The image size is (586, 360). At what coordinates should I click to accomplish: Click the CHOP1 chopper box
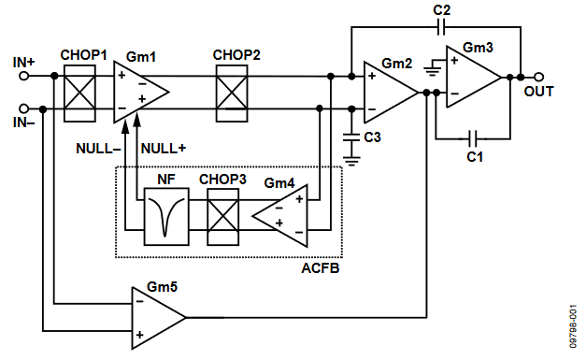[79, 94]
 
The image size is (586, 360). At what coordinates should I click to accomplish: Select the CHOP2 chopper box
[232, 94]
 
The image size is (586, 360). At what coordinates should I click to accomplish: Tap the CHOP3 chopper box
[223, 217]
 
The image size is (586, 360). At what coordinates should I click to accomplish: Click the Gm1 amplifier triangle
[141, 92]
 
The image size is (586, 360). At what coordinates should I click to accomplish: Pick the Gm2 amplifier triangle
[391, 93]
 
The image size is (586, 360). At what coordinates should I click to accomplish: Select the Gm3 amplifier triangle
[474, 77]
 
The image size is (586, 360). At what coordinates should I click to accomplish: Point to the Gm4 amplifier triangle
[280, 216]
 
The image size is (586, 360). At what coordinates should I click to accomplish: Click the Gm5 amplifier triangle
[159, 318]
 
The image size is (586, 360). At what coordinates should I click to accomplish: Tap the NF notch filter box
[166, 217]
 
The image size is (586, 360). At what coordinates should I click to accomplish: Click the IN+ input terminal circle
[24, 77]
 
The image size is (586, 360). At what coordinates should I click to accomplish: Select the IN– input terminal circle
[24, 108]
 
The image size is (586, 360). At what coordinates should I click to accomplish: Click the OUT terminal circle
[538, 77]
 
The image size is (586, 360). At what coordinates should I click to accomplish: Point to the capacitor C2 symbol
[441, 27]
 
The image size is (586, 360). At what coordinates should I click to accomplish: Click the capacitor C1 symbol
[473, 138]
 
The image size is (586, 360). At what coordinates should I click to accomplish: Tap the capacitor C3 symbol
[351, 137]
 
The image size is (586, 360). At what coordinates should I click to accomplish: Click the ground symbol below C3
[351, 161]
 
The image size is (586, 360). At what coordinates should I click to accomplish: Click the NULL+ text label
[164, 149]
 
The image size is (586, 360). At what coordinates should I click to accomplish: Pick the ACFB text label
[321, 268]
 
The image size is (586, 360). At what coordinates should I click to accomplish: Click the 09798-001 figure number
[573, 326]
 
